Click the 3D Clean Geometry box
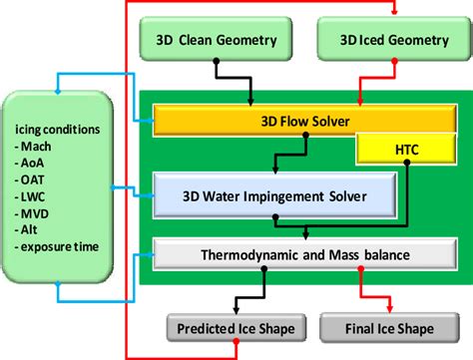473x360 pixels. pyautogui.click(x=216, y=42)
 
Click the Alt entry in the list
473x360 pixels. pyautogui.click(x=35, y=228)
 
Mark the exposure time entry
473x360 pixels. pyautogui.click(x=61, y=245)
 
